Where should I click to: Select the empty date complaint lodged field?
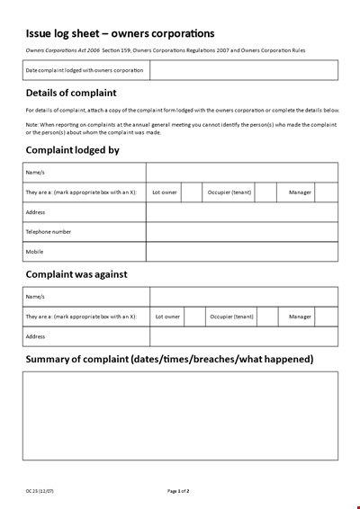point(243,70)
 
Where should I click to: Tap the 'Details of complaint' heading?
point(72,93)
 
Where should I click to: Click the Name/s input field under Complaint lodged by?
point(242,173)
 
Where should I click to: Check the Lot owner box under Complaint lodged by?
point(192,192)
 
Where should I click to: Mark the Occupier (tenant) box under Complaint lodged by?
point(265,192)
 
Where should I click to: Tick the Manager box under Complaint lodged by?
point(326,192)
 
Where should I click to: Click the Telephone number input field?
point(242,232)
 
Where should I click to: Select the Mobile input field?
point(242,252)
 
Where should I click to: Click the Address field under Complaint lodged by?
point(242,212)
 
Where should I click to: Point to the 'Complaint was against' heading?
point(76,273)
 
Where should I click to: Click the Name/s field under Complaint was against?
point(244,297)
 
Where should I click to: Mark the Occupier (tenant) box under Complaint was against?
point(268,317)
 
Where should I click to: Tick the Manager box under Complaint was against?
point(327,317)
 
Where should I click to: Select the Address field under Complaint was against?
point(244,336)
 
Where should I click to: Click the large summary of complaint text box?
point(180,416)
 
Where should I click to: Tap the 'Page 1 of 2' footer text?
point(178,491)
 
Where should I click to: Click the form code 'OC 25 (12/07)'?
point(40,491)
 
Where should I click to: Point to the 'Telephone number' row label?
point(49,232)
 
